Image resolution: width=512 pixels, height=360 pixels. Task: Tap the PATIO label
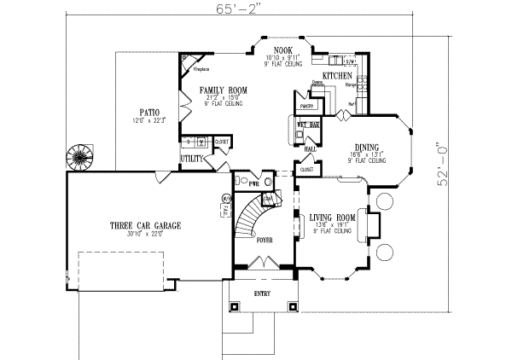(x=148, y=112)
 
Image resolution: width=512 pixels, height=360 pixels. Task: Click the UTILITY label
(x=191, y=159)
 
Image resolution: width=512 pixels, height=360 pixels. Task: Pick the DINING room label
(x=367, y=146)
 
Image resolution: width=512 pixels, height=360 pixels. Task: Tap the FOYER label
(x=265, y=241)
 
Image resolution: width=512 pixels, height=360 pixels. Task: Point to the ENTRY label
(x=263, y=293)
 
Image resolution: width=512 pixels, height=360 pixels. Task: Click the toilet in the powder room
(x=243, y=181)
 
